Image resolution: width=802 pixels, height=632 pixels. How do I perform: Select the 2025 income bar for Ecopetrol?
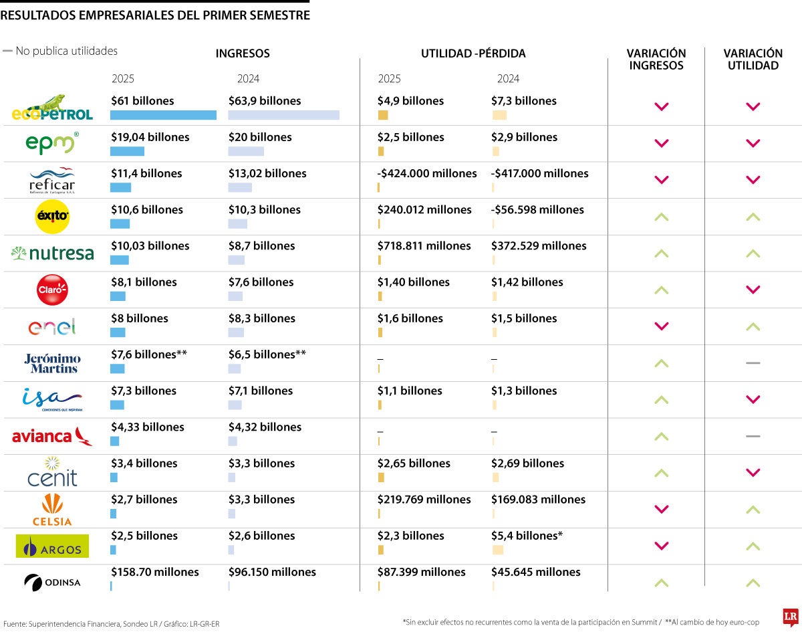[164, 115]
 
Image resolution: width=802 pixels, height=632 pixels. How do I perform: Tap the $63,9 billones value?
[265, 101]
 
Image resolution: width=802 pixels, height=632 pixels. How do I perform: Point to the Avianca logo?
[52, 437]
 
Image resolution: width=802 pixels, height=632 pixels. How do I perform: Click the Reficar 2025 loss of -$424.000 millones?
[427, 173]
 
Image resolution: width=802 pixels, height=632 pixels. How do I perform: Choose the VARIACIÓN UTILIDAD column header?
[753, 60]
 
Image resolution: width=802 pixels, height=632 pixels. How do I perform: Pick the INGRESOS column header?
[243, 54]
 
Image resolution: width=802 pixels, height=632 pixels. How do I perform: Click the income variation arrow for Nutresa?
[661, 253]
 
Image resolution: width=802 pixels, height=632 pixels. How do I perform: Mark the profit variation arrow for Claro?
[753, 290]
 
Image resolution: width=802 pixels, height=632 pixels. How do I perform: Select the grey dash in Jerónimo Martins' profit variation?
[753, 362]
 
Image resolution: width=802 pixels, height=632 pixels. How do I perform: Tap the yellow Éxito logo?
[52, 217]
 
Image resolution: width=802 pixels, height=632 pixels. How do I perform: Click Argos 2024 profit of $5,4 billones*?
[527, 536]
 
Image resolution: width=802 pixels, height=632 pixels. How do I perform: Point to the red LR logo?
[791, 617]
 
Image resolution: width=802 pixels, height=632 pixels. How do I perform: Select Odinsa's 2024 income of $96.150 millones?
[272, 572]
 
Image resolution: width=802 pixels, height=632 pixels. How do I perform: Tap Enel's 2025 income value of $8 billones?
[140, 318]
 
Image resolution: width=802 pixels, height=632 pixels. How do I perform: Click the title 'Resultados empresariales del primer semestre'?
[155, 15]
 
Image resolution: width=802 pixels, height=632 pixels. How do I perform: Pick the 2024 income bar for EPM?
[246, 151]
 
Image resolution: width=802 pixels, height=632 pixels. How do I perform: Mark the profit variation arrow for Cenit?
[753, 473]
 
